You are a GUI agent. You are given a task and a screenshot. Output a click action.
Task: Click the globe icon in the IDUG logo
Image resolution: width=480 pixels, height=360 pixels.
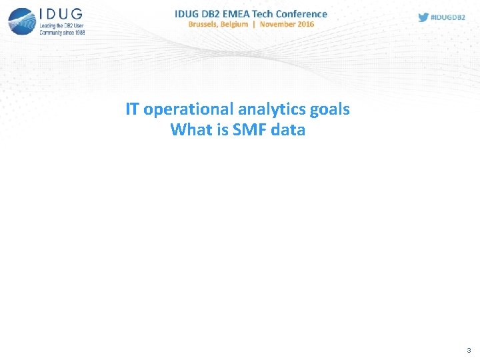pyautogui.click(x=21, y=21)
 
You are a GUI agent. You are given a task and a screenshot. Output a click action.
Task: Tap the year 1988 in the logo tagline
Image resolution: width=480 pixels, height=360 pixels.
pyautogui.click(x=78, y=31)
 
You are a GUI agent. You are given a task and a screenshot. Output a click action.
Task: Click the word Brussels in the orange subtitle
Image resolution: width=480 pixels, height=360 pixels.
pyautogui.click(x=207, y=24)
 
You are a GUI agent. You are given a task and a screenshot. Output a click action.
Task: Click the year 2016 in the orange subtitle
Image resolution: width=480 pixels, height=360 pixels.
pyautogui.click(x=305, y=24)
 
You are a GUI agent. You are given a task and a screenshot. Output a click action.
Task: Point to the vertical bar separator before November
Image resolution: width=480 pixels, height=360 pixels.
pyautogui.click(x=254, y=24)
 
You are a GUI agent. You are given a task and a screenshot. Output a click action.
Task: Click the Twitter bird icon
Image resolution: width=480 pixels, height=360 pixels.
pyautogui.click(x=423, y=17)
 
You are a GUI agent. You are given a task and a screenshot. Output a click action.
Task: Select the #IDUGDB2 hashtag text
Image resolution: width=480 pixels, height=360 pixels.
pyautogui.click(x=449, y=17)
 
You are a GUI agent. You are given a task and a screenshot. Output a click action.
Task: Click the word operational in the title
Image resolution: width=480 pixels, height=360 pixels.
pyautogui.click(x=189, y=109)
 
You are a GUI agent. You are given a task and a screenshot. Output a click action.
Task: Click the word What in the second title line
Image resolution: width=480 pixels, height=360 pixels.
pyautogui.click(x=191, y=129)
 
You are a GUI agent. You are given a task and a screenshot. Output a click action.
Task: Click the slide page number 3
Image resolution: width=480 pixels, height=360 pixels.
pyautogui.click(x=469, y=350)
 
